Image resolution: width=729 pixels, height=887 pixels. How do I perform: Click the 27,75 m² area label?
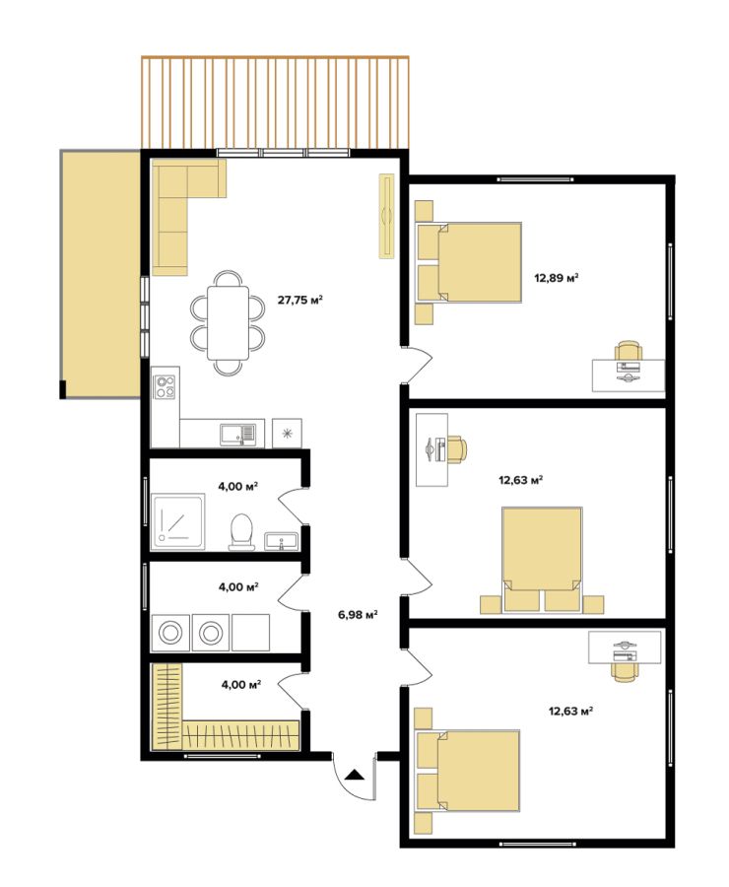click(299, 300)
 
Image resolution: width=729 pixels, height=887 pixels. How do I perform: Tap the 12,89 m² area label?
click(557, 278)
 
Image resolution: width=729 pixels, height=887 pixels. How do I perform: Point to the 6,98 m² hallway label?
click(358, 614)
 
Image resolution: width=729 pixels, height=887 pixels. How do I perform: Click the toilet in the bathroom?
click(241, 532)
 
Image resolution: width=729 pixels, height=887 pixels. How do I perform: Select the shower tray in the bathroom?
click(178, 521)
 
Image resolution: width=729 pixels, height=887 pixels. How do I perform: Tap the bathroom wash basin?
click(281, 541)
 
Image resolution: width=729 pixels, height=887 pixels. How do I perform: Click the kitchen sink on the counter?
click(238, 434)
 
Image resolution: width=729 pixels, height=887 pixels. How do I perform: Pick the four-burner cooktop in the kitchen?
click(166, 387)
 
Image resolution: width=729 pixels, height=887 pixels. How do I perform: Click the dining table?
click(228, 323)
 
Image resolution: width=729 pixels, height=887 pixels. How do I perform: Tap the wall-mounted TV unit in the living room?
click(387, 216)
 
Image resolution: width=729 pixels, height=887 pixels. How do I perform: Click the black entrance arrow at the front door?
click(355, 775)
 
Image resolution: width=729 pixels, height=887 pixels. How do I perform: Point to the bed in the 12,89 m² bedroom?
click(469, 262)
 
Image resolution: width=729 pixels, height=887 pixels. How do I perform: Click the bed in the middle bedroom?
click(542, 560)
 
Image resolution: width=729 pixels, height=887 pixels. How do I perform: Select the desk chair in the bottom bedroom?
click(625, 671)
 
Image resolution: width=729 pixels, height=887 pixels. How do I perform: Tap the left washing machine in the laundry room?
click(170, 633)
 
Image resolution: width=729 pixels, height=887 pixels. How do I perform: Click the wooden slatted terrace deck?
click(275, 102)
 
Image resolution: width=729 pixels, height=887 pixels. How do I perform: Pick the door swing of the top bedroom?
click(418, 365)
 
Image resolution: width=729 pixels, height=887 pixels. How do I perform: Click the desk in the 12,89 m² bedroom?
click(629, 375)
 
